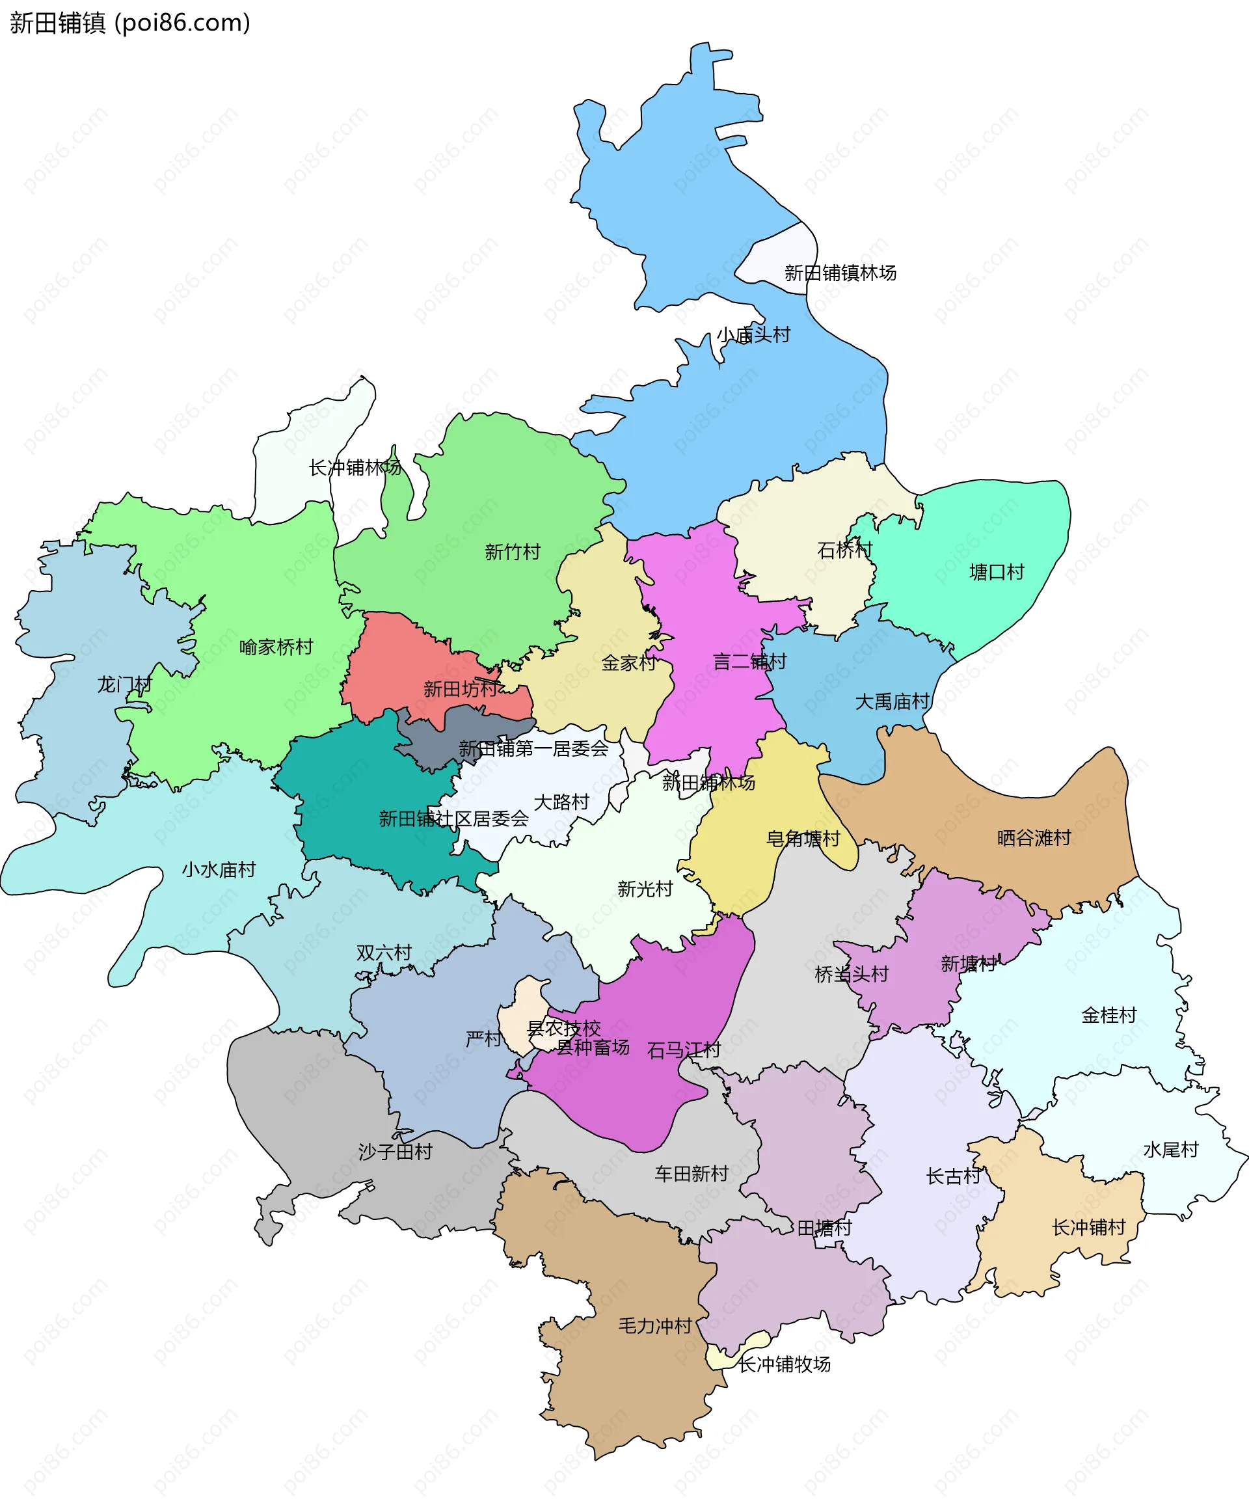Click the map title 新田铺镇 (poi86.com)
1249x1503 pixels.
[x=130, y=23]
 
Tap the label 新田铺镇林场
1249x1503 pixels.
[x=840, y=273]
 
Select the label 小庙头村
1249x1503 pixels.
[x=753, y=334]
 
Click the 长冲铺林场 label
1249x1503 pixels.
[x=355, y=467]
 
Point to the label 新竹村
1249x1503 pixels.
[x=512, y=552]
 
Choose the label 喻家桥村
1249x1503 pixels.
[x=276, y=647]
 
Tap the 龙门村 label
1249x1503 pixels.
[x=124, y=685]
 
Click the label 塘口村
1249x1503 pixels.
[x=997, y=572]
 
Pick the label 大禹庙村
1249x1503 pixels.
[x=892, y=701]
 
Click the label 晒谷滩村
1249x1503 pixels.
[x=1034, y=837]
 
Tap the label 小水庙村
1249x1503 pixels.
[x=219, y=869]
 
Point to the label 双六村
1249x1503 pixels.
[x=384, y=953]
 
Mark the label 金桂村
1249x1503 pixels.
[x=1108, y=1015]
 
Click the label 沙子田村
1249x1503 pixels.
[x=395, y=1152]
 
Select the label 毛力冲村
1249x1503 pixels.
[x=654, y=1325]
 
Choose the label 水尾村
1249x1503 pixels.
[x=1170, y=1150]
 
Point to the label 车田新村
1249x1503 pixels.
[x=691, y=1174]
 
